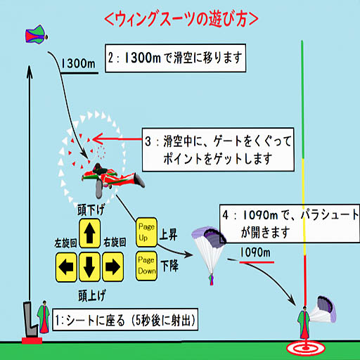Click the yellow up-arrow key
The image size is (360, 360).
click(89, 233)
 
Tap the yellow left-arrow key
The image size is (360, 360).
click(66, 267)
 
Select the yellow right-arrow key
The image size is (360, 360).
click(112, 267)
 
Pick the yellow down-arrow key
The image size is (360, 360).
click(89, 267)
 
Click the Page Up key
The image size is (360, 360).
click(146, 232)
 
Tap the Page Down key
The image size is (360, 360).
click(146, 266)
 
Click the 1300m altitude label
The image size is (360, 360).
click(78, 63)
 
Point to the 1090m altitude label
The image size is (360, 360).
click(255, 252)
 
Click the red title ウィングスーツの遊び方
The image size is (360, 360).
click(181, 19)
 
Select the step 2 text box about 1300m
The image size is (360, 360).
click(175, 58)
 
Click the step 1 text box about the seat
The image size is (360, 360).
click(125, 320)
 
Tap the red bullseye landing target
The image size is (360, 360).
click(306, 348)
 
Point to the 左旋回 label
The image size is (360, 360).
click(65, 243)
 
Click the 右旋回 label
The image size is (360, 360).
click(115, 242)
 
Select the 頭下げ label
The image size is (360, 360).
click(91, 210)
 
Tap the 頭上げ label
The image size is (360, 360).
click(92, 295)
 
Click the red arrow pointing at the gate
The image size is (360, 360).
click(117, 139)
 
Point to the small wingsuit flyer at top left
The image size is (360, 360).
click(37, 34)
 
